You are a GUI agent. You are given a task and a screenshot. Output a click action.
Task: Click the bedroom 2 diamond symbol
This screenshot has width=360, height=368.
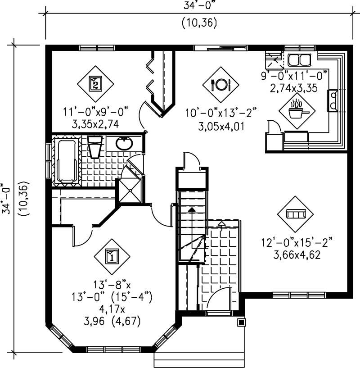95,83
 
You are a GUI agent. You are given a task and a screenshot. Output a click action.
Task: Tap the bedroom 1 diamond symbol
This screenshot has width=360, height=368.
112,256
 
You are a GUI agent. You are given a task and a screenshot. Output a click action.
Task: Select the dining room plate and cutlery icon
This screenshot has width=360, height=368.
220,84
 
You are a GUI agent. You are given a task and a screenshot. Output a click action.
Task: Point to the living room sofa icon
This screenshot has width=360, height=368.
296,214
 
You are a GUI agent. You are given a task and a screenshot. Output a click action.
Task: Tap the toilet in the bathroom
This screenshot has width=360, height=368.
95,146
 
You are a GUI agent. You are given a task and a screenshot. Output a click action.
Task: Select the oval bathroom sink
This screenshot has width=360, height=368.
124,144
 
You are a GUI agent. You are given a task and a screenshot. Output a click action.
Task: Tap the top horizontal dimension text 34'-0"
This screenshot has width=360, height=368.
199,6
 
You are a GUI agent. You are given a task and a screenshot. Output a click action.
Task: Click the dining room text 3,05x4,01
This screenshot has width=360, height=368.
221,126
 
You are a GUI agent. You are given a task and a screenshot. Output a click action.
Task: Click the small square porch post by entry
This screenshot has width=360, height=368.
242,323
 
